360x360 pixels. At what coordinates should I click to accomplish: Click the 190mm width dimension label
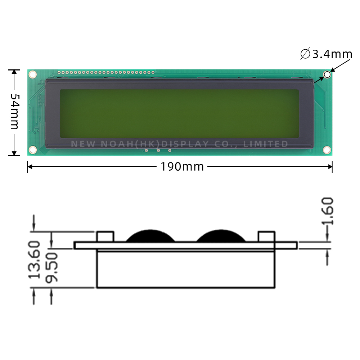point(182,167)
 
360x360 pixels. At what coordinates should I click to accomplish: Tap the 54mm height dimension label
point(14,112)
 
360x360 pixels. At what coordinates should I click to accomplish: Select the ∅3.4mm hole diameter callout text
point(326,54)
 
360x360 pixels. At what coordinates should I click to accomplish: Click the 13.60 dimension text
point(35,260)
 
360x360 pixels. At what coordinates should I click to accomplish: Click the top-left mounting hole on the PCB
point(32,75)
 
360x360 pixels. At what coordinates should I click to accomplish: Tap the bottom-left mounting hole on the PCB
point(32,149)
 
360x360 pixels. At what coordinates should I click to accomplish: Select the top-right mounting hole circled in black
point(327,75)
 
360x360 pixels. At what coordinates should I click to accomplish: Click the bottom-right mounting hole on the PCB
point(327,149)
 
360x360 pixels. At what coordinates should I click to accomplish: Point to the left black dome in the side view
point(150,237)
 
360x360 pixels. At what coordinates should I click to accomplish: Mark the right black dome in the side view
point(221,237)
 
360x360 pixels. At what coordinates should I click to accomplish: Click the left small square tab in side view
point(105,237)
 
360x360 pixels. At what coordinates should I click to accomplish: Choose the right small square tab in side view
point(266,237)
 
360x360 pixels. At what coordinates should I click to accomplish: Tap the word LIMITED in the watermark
point(266,144)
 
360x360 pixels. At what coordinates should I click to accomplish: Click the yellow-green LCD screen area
point(179,113)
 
